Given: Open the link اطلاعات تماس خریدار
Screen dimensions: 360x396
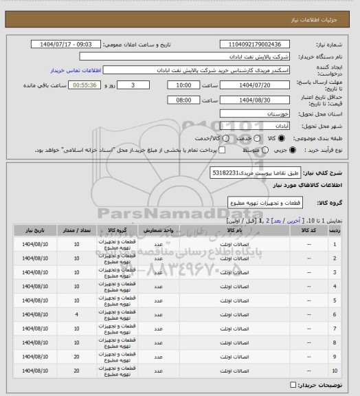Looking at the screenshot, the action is (x=76, y=70).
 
